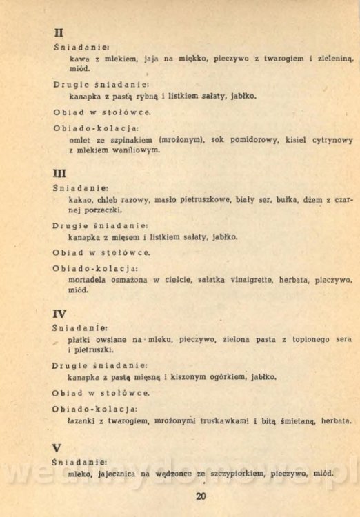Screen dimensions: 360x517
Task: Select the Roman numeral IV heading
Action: pyautogui.click(x=61, y=314)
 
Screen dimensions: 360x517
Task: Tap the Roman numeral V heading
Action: pyautogui.click(x=57, y=447)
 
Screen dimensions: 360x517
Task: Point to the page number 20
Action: pyautogui.click(x=200, y=496)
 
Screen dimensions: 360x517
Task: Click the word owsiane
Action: pyautogui.click(x=117, y=339)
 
